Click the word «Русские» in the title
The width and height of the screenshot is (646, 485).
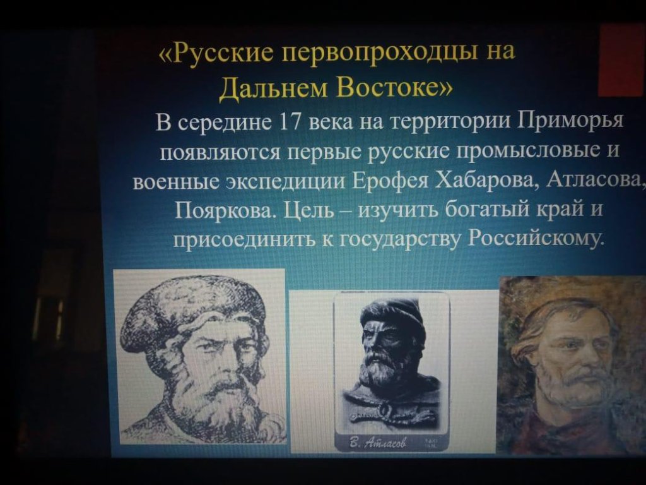221,53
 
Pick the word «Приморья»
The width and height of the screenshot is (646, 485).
571,121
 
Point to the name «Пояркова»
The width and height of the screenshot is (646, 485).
225,210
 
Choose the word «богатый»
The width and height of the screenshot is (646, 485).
489,209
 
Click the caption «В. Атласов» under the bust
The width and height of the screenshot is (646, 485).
378,443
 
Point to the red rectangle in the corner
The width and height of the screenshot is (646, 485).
621,60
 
